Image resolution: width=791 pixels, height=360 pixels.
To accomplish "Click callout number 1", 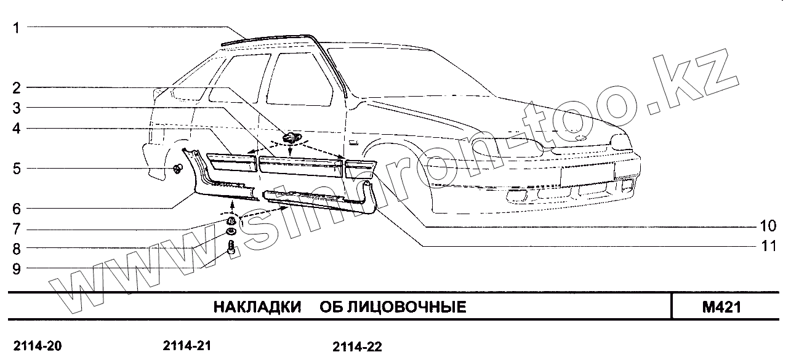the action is point(17,27).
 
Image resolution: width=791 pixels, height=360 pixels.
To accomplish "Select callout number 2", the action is point(17,88).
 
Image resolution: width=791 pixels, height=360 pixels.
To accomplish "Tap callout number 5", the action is point(17,168).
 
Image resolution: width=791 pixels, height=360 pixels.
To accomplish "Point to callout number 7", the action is point(17,229).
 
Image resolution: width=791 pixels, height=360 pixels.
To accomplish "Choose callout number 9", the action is point(17,268).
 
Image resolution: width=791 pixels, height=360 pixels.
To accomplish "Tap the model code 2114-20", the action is point(37,346).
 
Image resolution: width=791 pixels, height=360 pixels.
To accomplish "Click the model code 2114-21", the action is point(188,346).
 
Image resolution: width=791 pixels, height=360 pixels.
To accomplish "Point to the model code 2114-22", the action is point(357,347).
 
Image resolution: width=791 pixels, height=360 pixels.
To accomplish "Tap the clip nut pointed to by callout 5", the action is point(178,169).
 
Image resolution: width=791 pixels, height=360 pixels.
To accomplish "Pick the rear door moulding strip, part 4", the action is point(232,164).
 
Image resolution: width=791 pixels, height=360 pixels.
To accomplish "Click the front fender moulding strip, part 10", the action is point(359,168).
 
